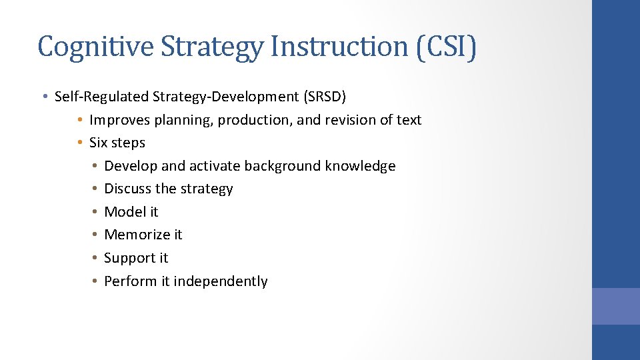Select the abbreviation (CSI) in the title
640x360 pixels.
tap(446, 47)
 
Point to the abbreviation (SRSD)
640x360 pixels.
tap(325, 97)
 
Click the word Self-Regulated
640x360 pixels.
tap(102, 97)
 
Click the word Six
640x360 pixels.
tap(98, 143)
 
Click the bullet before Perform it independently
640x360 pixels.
tap(96, 281)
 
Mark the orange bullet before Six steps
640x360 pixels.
tap(79, 143)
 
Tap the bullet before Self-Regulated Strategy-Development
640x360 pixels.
tap(44, 97)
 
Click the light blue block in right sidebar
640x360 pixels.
tap(615, 306)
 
